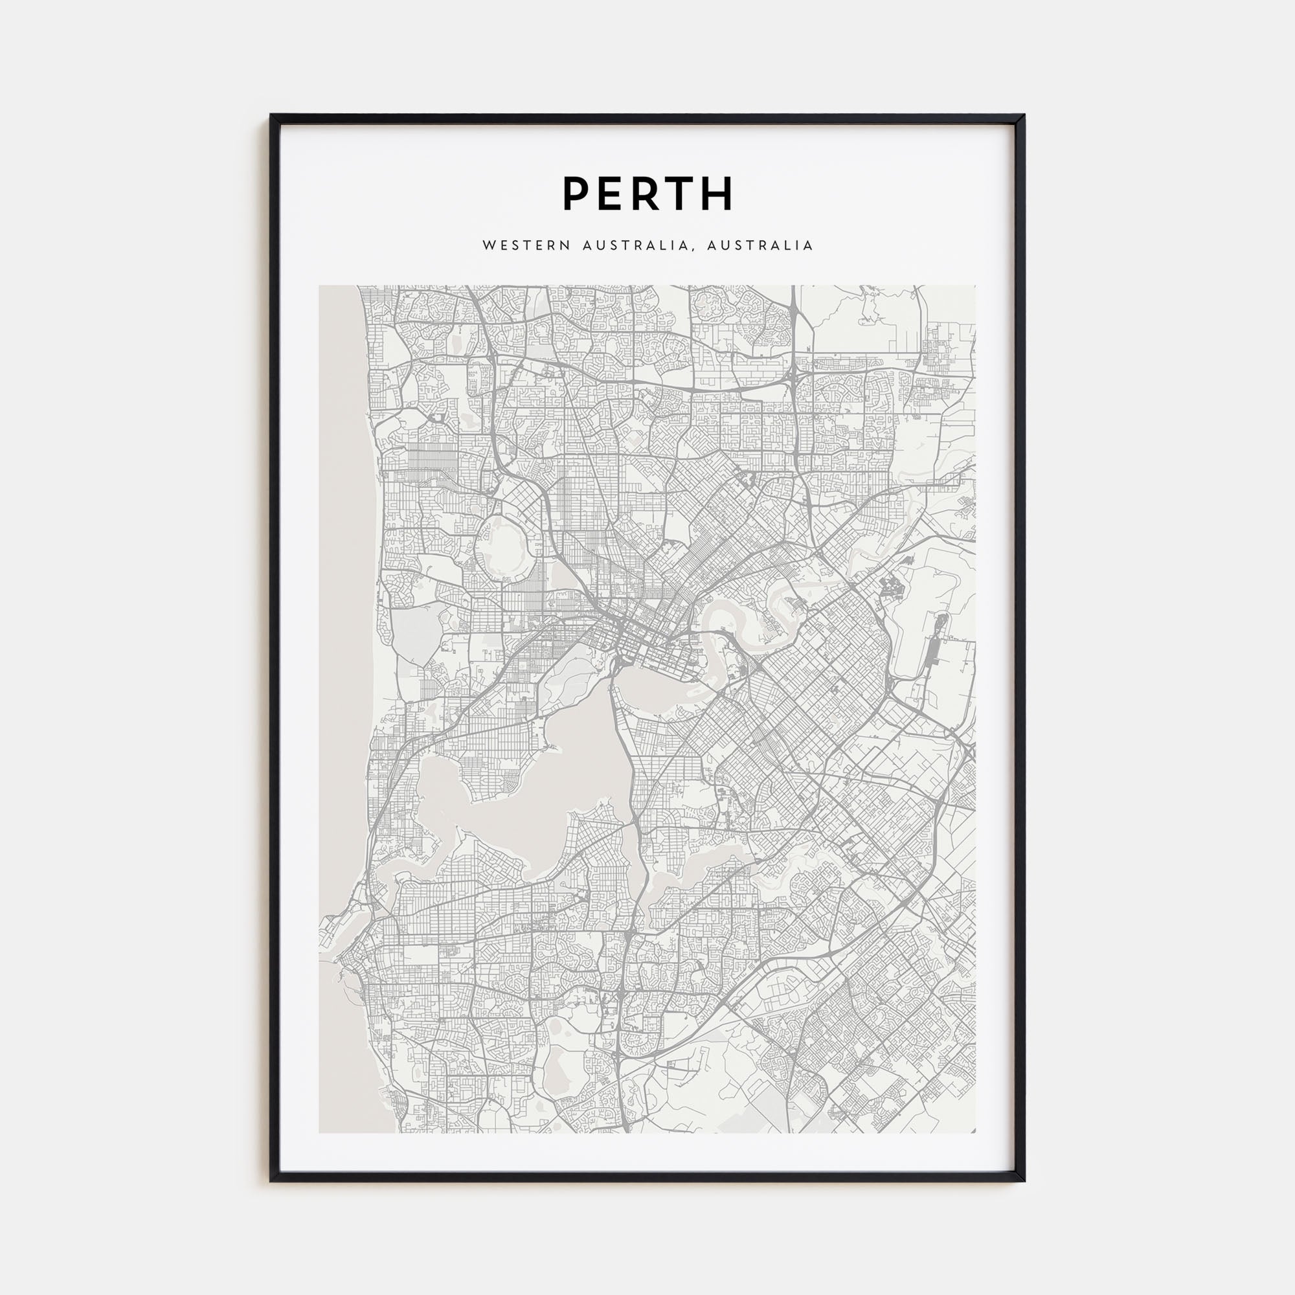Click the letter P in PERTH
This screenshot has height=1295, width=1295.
(576, 194)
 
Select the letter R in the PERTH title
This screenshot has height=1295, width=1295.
(645, 194)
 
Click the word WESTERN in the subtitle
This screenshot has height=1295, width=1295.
(526, 245)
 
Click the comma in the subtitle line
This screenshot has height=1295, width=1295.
(691, 249)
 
